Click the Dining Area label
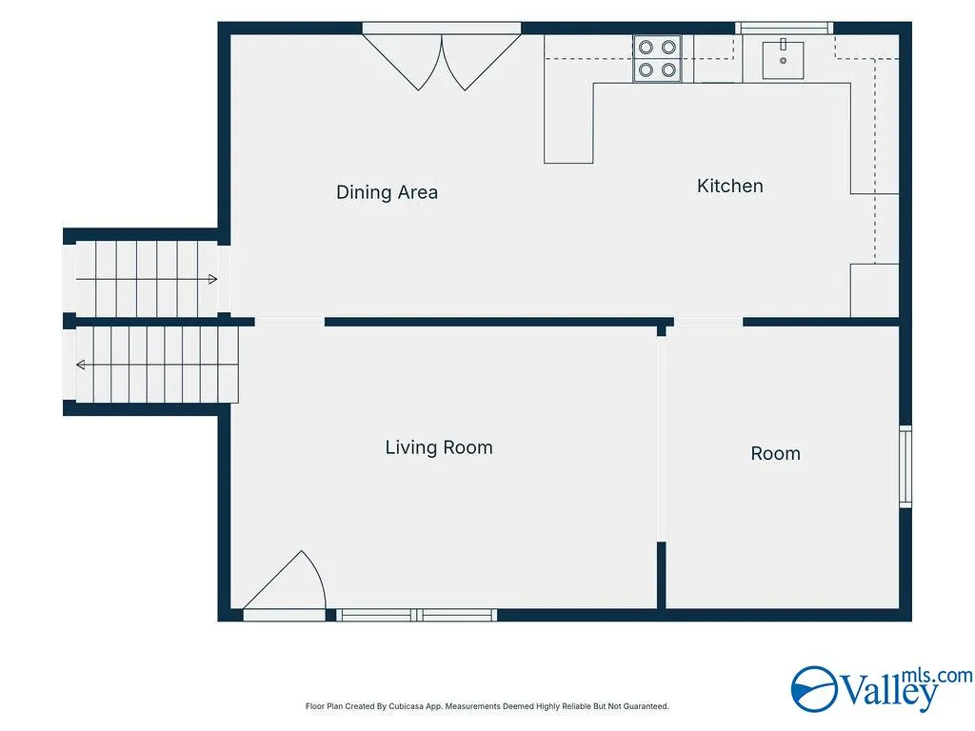pos(387,192)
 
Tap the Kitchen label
pos(730,186)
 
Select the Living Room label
pos(439,447)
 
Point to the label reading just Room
pos(775,453)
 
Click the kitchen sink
pos(784,60)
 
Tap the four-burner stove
pos(657,58)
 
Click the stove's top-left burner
pos(647,48)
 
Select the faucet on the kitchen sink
pos(784,44)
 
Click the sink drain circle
pos(784,60)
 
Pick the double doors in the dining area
pos(442,59)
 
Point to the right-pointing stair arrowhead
pos(212,279)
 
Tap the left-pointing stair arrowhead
pos(81,365)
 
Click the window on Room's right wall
pos(906,466)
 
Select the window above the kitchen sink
pos(785,28)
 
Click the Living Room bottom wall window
pos(417,615)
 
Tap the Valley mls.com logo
pos(882,689)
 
